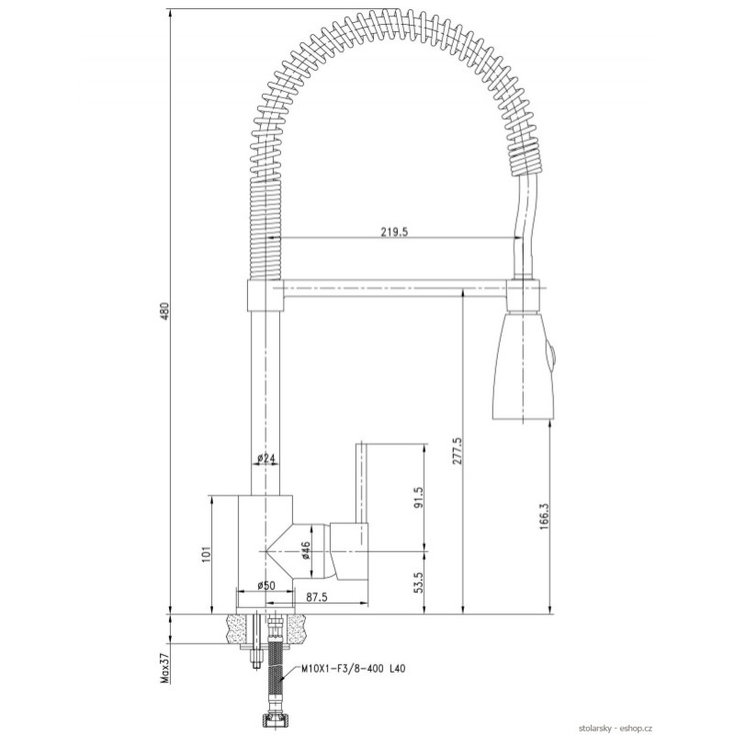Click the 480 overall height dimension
pyautogui.click(x=164, y=311)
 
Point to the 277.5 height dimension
pyautogui.click(x=457, y=451)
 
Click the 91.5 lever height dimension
pyautogui.click(x=419, y=497)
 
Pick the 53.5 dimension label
pyautogui.click(x=419, y=582)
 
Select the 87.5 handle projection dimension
pyautogui.click(x=316, y=597)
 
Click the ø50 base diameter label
pyautogui.click(x=266, y=585)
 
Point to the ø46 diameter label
pyautogui.click(x=305, y=550)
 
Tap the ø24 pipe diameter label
pyautogui.click(x=266, y=458)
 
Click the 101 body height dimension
pyautogui.click(x=207, y=554)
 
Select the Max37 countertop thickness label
pyautogui.click(x=164, y=667)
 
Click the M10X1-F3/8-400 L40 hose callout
pyautogui.click(x=353, y=669)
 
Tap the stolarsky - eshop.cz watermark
pyautogui.click(x=615, y=728)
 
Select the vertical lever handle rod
pyautogui.click(x=361, y=481)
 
